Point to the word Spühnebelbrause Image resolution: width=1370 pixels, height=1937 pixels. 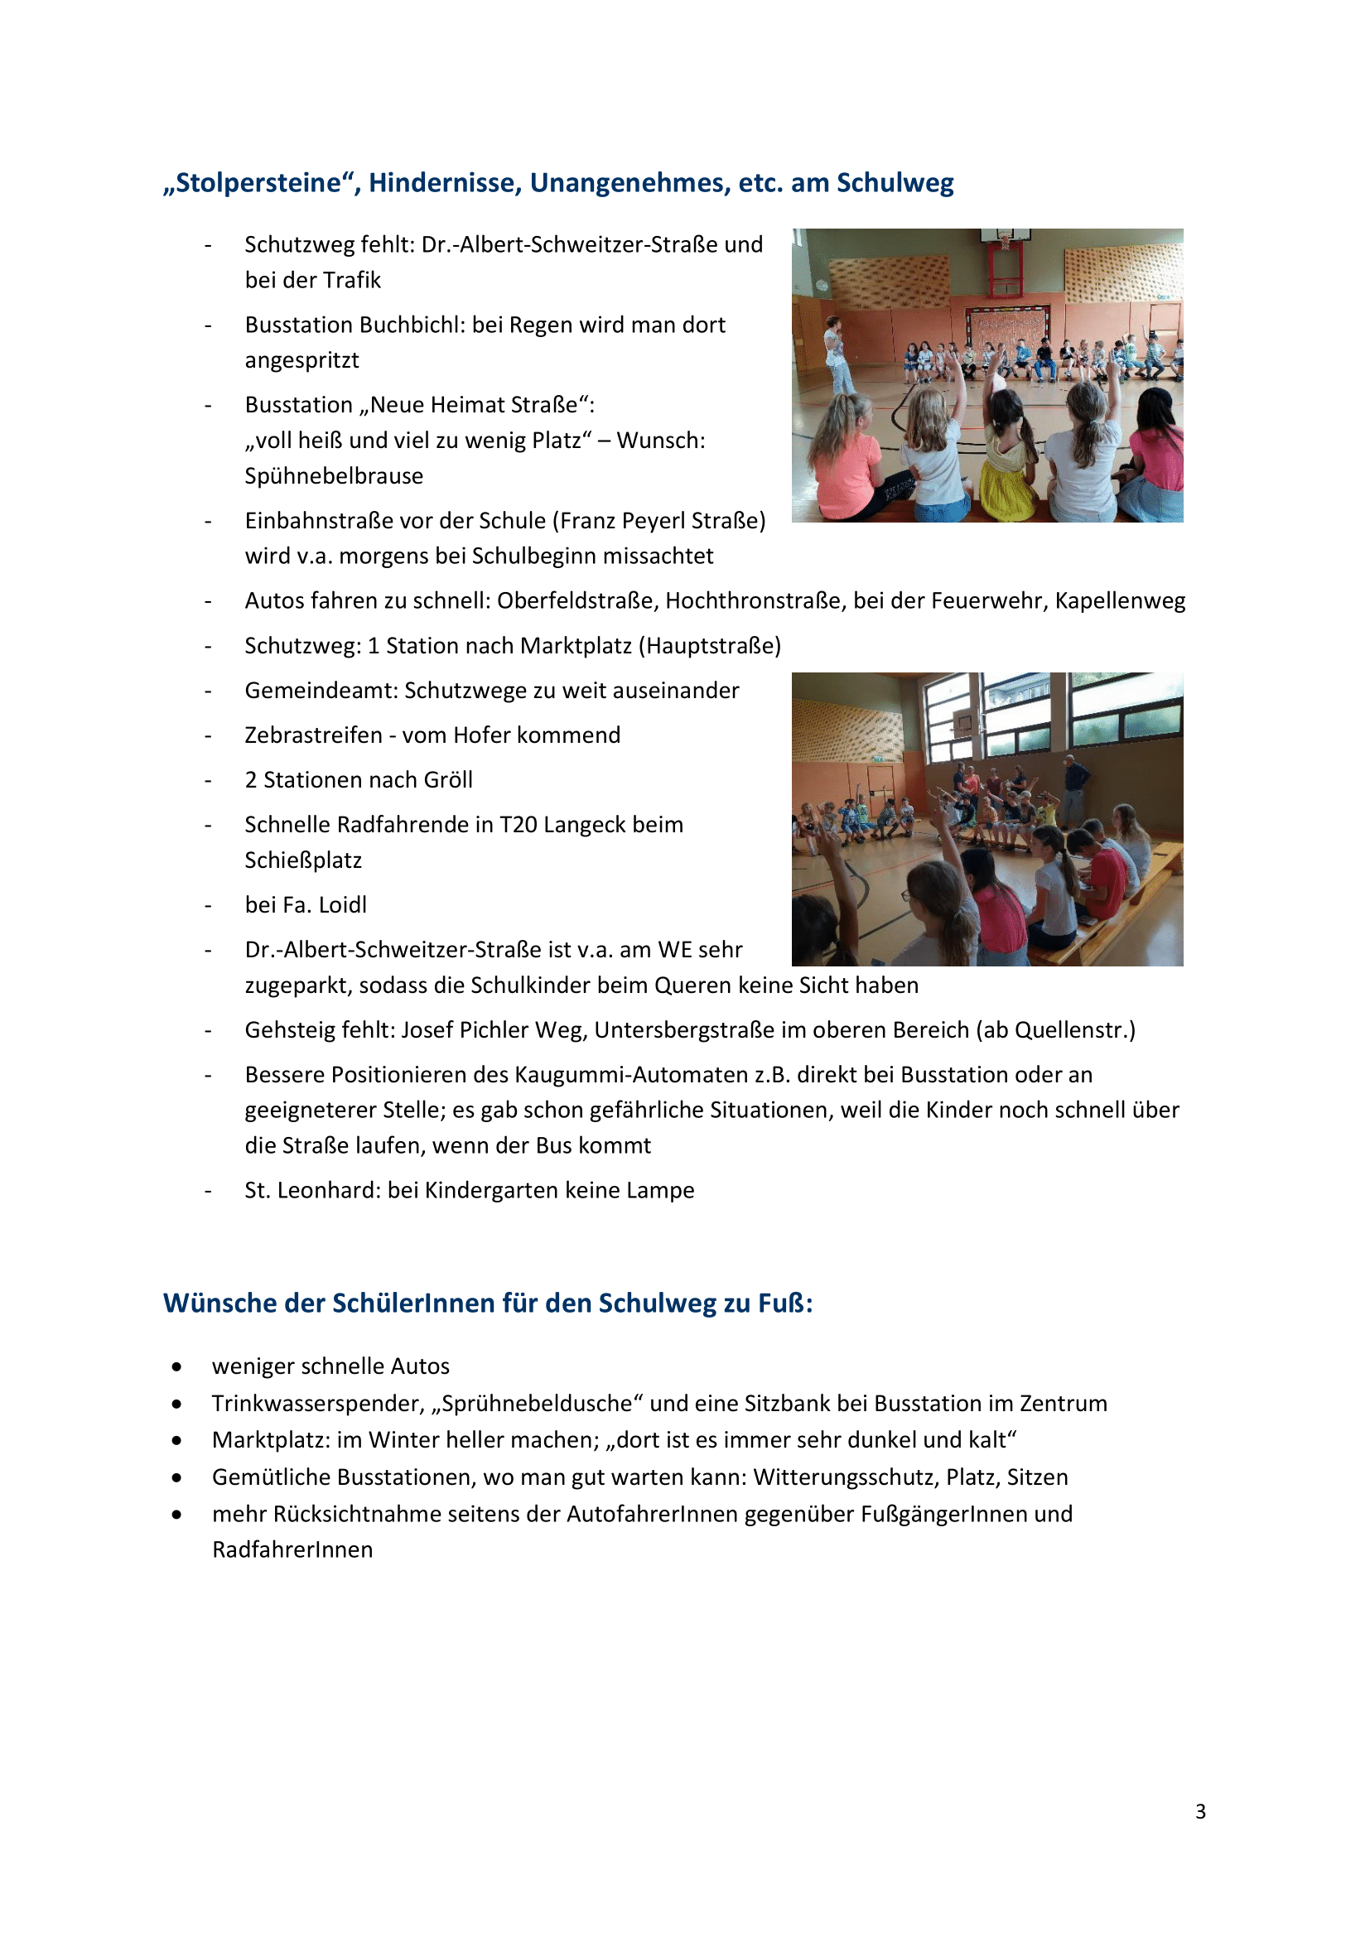(x=334, y=476)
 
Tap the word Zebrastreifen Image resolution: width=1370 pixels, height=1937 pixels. (x=313, y=735)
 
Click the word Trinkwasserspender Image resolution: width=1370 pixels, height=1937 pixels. (x=316, y=1403)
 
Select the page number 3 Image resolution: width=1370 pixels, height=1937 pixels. (x=1199, y=1811)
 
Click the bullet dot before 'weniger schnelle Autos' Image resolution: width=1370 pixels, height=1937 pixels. (x=176, y=1366)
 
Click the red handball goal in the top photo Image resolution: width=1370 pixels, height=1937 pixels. (x=1006, y=270)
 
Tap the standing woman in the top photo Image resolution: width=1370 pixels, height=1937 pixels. (x=835, y=354)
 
